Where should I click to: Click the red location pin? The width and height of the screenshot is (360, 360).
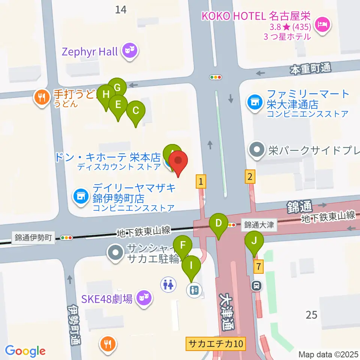(178, 162)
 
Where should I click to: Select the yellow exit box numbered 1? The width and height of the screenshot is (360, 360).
(201, 182)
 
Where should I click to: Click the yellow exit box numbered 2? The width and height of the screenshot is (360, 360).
(250, 176)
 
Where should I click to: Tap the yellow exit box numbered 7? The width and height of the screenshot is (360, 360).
(257, 267)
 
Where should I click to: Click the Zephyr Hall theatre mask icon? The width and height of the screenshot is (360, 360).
(130, 52)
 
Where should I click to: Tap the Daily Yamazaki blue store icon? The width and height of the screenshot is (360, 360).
(81, 195)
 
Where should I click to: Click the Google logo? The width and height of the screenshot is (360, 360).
(25, 351)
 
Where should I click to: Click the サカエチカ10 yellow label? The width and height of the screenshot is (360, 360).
(216, 343)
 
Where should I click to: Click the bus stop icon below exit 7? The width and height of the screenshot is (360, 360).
(257, 286)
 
